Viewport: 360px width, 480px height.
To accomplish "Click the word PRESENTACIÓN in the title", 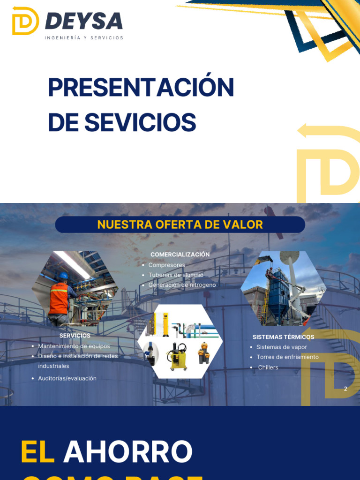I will coord(141,88).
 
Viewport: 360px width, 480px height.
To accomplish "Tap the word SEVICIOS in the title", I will coord(140,122).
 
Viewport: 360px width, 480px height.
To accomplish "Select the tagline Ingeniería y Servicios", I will coord(84,37).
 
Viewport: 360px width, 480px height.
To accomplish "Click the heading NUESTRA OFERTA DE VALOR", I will coord(180,225).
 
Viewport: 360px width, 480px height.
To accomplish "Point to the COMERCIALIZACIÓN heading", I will coord(180,255).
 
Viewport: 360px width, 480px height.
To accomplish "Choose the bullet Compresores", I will coord(166,265).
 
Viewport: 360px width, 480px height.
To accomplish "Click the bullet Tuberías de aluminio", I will coord(176,275).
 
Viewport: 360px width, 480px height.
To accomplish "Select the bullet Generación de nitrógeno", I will coord(182,285).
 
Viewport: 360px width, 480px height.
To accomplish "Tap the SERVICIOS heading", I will coord(75,336).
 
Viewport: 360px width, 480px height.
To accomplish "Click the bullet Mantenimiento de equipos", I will coord(74,346).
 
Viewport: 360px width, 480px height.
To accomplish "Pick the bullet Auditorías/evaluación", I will coord(67,378).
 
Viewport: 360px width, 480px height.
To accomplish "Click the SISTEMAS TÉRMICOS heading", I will coord(283,337).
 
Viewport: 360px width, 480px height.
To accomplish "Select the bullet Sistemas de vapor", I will coord(281,347).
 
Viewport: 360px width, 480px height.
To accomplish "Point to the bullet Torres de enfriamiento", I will coord(287,357).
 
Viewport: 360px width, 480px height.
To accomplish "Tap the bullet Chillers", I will coord(268,367).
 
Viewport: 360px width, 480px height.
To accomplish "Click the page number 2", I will coord(345,389).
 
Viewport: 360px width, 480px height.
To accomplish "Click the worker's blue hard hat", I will coord(63,275).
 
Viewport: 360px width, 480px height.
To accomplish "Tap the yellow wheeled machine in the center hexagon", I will coord(177,356).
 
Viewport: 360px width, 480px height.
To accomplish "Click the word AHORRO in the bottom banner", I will coord(127,452).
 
